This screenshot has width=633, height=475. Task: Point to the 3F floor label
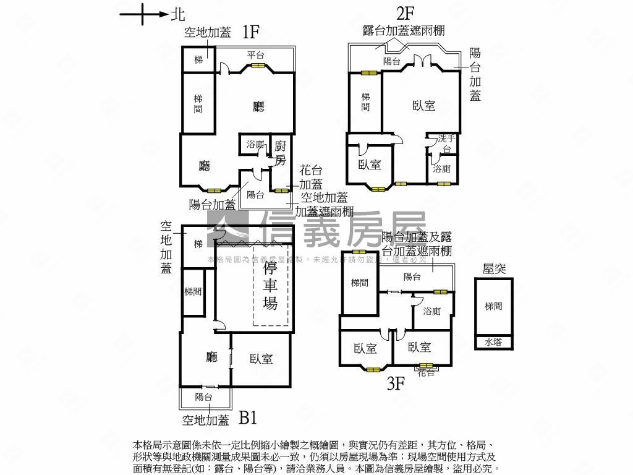[x=396, y=383]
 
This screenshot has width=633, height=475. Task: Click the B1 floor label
[x=248, y=419]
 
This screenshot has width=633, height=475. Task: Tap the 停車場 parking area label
[x=271, y=286]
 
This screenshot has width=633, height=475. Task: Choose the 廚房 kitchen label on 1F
[x=281, y=153]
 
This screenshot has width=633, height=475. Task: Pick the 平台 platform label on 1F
[x=256, y=55]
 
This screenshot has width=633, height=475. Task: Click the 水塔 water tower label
[x=493, y=342]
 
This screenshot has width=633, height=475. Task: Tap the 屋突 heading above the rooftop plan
[x=494, y=268]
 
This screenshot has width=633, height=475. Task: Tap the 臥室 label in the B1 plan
[x=261, y=359]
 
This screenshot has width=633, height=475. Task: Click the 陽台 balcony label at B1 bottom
[x=204, y=397]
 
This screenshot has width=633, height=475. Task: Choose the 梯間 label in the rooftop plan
[x=493, y=306]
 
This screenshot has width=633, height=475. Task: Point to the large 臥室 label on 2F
[x=423, y=106]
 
